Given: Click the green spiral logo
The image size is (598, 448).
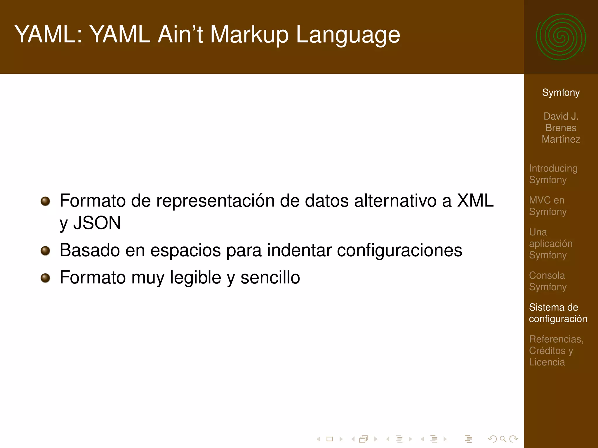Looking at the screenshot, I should tap(561, 37).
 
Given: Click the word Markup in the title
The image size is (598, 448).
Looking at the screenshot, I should tap(249, 35).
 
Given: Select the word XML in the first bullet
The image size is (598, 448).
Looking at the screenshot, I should tap(475, 201).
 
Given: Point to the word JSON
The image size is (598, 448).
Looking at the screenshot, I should tap(97, 223).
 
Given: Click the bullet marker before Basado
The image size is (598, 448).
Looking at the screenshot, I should tap(45, 251).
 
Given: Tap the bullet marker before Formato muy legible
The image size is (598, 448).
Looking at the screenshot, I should tap(45, 278).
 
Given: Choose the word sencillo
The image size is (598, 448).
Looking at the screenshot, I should tap(270, 277).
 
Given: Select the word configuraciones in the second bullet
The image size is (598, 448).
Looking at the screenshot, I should tap(399, 251).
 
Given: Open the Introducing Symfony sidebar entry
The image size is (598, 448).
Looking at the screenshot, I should tap(553, 174).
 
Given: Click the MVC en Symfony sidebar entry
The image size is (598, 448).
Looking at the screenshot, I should tap(547, 206).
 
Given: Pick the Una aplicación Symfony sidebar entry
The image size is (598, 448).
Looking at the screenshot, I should tap(550, 244).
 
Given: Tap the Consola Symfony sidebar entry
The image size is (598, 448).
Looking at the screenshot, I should tap(547, 281).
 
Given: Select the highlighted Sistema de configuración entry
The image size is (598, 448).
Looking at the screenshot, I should tap(558, 313).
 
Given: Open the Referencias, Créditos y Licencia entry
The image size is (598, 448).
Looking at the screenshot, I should tap(556, 351).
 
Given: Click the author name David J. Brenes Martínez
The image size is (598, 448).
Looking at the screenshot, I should tap(561, 128).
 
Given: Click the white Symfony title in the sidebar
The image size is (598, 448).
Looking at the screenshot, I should tap(561, 92).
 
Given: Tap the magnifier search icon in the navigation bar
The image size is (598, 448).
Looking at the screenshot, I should tap(503, 439).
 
